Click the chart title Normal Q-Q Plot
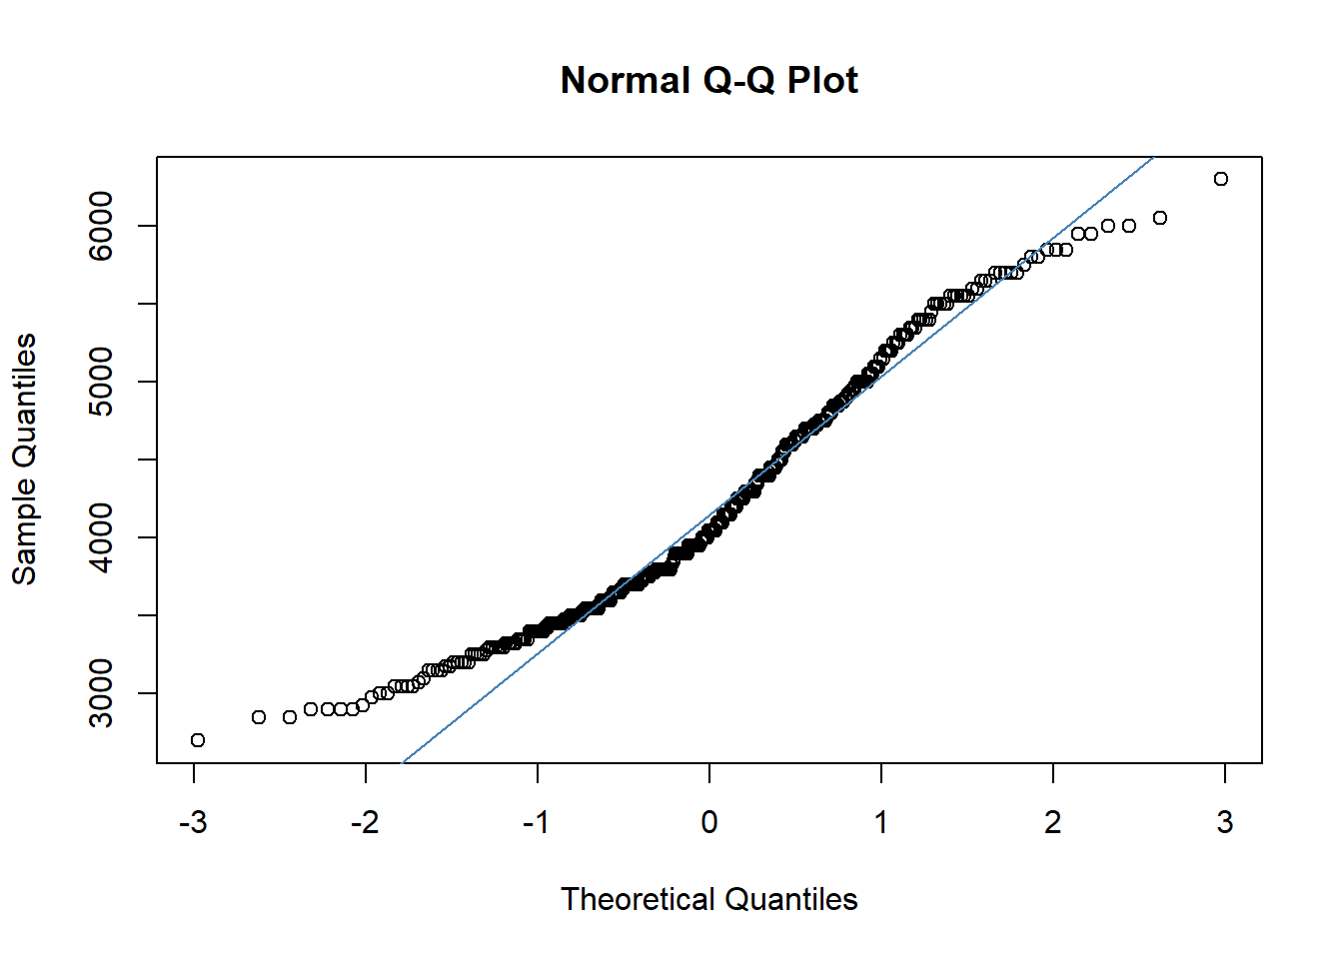[x=708, y=80]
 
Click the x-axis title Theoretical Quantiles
[x=708, y=899]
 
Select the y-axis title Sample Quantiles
[x=24, y=459]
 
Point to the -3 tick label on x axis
[x=193, y=822]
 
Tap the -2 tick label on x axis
[x=365, y=822]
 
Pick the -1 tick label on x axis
[x=537, y=822]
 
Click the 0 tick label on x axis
[x=709, y=822]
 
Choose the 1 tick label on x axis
[x=881, y=822]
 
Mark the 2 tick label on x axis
[x=1053, y=822]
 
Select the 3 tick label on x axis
[x=1225, y=822]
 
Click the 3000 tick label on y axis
[x=102, y=693]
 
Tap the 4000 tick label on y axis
[x=102, y=537]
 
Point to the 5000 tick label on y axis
[x=102, y=382]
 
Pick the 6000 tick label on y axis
[x=102, y=226]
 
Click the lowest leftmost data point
[x=198, y=740]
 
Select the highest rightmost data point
[x=1221, y=179]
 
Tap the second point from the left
[x=259, y=717]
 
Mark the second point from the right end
[x=1160, y=218]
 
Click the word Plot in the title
[x=822, y=80]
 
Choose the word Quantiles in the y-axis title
[x=24, y=400]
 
